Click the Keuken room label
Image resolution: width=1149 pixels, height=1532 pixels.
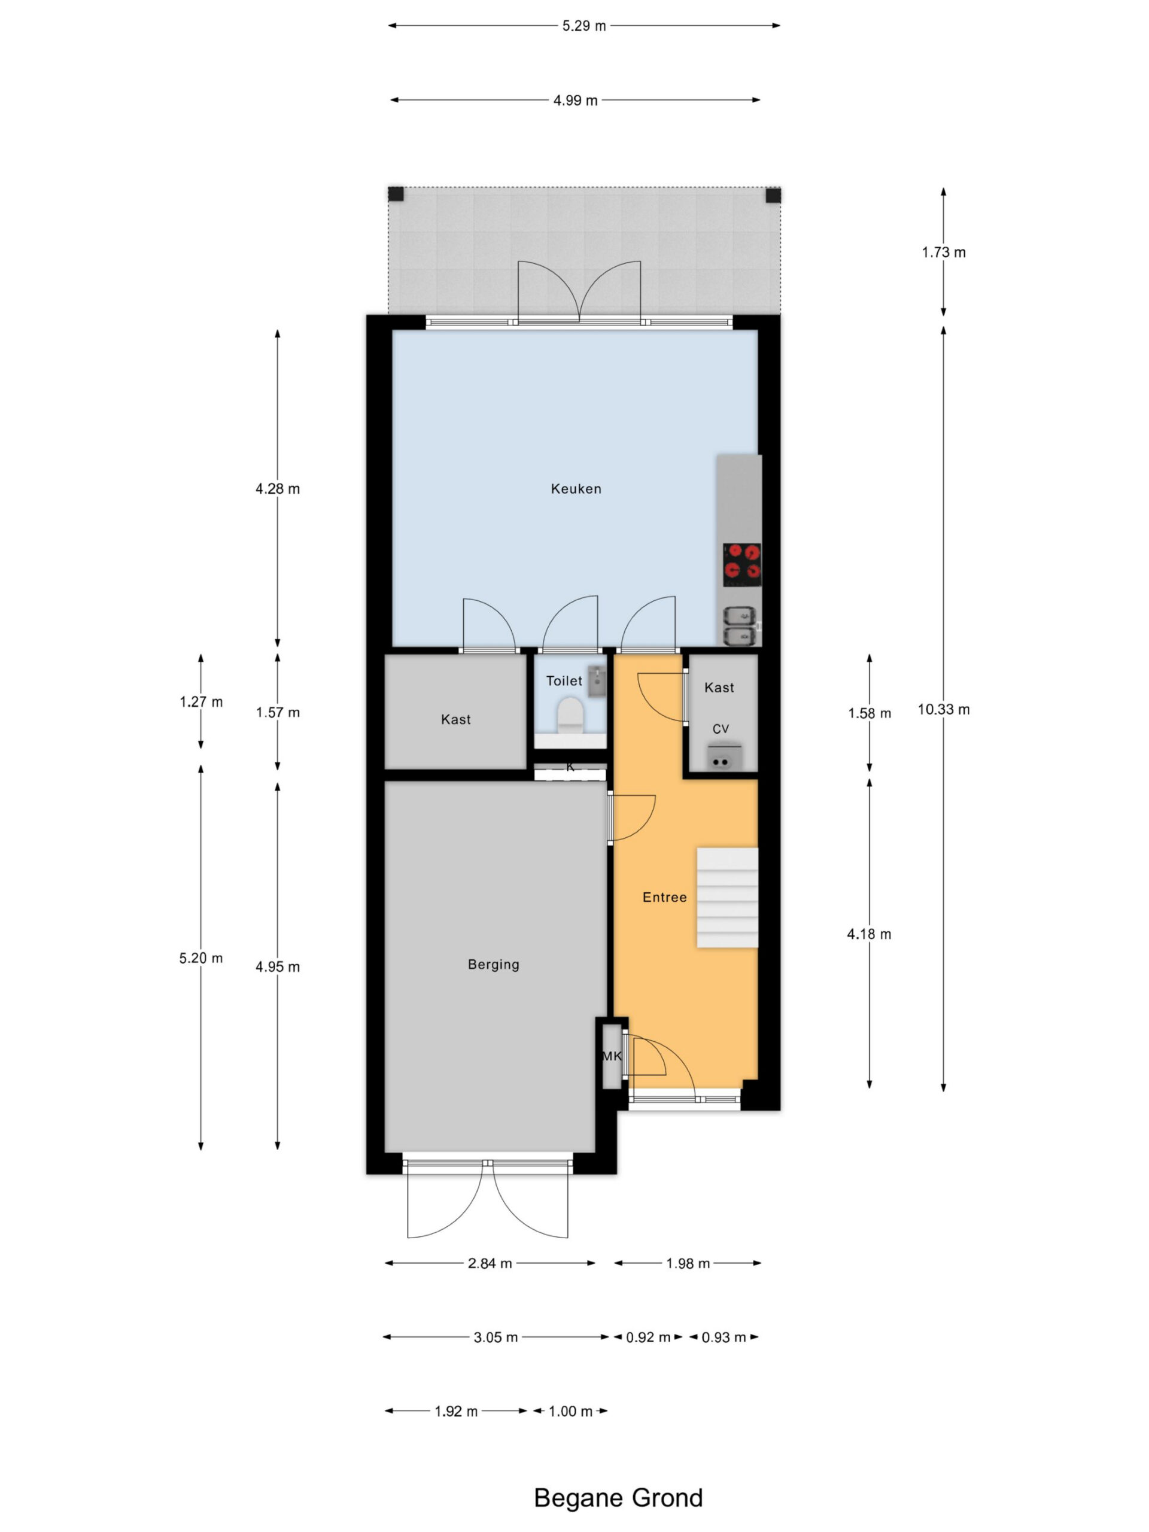tap(576, 489)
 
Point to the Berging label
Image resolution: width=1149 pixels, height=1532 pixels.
tap(493, 964)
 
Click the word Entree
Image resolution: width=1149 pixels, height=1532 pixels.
tap(664, 897)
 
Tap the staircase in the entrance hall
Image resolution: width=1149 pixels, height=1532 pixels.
tap(727, 897)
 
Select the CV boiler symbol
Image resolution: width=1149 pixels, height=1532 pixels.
tap(724, 757)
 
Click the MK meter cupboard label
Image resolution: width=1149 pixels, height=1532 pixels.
tap(612, 1056)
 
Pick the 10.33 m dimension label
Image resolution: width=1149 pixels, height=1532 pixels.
tap(943, 709)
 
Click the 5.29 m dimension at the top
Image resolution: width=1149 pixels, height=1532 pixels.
tap(584, 26)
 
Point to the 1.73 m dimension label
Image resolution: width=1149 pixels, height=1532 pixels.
tap(943, 252)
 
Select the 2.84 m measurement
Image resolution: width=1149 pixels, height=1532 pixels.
tap(490, 1263)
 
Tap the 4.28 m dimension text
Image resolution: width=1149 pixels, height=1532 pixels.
tap(278, 489)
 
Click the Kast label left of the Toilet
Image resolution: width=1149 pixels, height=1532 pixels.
tap(456, 719)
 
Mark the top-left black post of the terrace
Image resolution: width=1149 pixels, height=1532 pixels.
tap(396, 194)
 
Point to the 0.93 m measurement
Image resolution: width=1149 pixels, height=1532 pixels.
tap(724, 1338)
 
